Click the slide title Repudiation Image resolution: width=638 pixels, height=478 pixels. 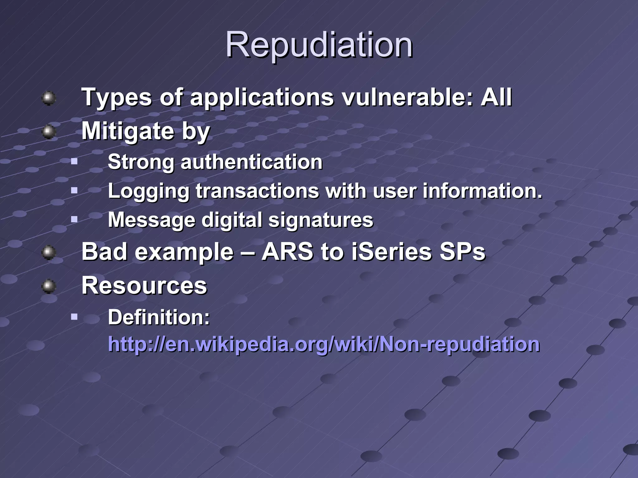coord(319,45)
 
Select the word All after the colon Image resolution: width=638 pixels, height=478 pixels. coord(496,97)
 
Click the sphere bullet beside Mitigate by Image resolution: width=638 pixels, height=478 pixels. coord(49,132)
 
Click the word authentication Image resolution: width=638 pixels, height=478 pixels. coord(251,162)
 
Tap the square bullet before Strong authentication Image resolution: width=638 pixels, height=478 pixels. coord(74,162)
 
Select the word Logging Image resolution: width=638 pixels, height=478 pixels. coord(148,191)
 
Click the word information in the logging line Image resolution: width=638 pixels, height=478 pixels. coord(482,191)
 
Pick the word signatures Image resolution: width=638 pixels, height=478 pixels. coord(321,220)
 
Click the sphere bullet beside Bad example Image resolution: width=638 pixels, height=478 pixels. coord(49,252)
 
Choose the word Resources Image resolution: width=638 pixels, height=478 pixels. coord(144,285)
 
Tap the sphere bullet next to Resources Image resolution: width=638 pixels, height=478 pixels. coord(49,286)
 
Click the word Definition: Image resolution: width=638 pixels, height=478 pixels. coord(159,317)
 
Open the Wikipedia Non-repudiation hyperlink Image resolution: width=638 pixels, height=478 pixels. coord(324,344)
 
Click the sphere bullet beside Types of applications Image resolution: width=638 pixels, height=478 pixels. coord(49,98)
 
